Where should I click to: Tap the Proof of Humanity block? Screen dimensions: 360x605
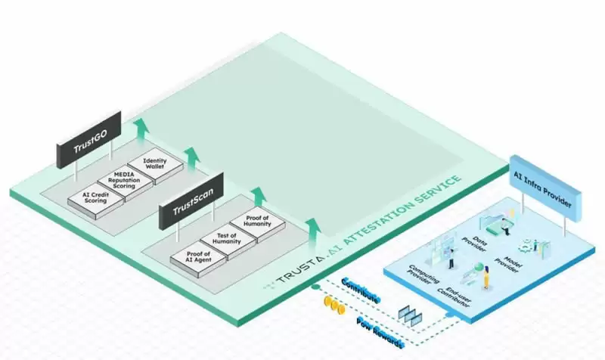point(255,224)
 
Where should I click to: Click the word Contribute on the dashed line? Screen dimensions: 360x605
point(361,290)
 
